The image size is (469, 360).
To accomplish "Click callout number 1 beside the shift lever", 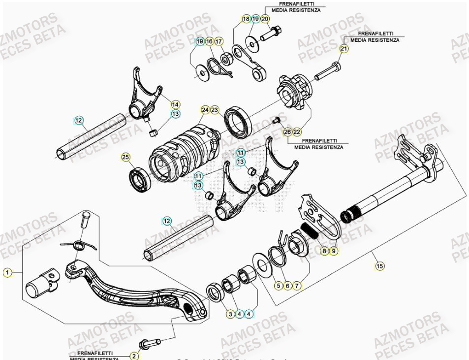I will coord(7,272).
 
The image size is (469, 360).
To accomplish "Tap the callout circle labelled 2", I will coord(134,355).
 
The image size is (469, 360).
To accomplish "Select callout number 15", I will coord(379,266).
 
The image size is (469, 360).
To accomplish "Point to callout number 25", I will coord(125,157).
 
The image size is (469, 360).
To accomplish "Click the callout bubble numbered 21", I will coord(344,48).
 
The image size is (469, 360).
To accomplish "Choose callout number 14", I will coord(175,104).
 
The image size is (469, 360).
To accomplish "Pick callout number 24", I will coord(205,110).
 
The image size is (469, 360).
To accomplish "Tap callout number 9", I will coord(334,251).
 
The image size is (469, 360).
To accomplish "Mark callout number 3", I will coord(230,314).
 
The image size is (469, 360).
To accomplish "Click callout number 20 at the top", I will coord(265,19).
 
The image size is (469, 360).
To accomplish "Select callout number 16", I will coord(209,41).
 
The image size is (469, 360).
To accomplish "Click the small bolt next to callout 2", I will coord(150,342).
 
